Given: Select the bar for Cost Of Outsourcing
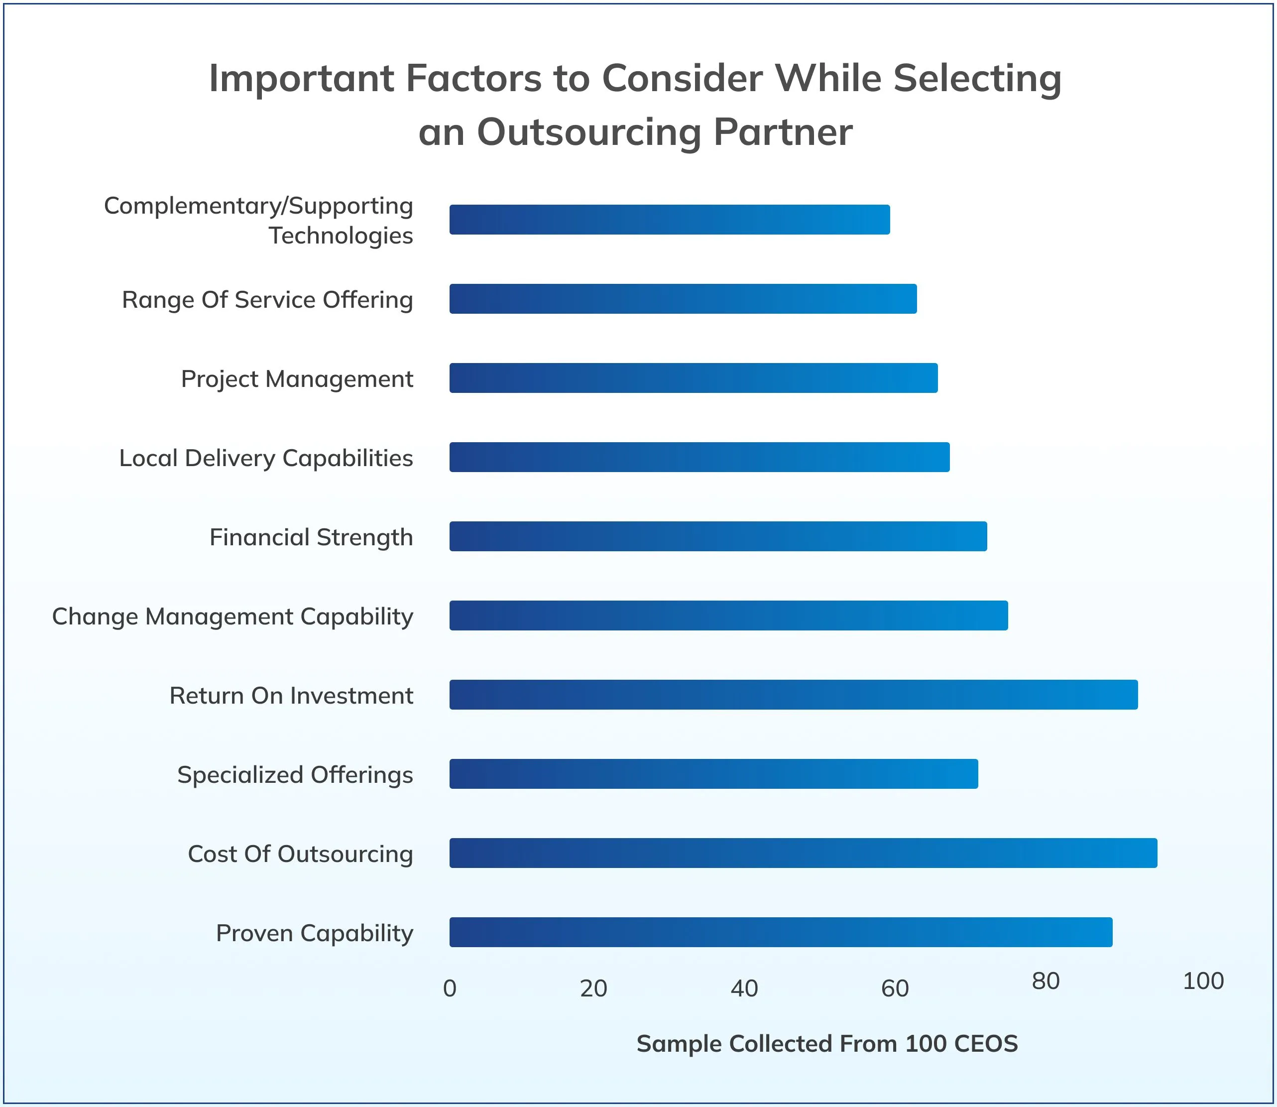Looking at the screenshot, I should coord(803,853).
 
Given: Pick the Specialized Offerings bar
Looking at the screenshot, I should coord(713,773).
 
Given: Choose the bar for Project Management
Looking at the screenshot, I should coord(693,378).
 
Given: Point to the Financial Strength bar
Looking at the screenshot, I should coord(717,536).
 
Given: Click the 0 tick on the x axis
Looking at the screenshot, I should coord(450,989).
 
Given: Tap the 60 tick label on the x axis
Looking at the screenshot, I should coord(895,989).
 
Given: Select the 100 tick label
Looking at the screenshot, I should coord(1203,981).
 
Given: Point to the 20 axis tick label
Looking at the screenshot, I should coord(593,989).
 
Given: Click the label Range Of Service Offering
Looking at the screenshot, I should coord(267,300).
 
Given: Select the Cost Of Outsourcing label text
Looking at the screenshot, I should coord(300,854).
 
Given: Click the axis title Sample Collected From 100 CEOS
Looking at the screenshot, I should coord(827,1043).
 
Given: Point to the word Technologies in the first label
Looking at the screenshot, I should coord(340,236).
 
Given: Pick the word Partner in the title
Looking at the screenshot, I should coord(783,132).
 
